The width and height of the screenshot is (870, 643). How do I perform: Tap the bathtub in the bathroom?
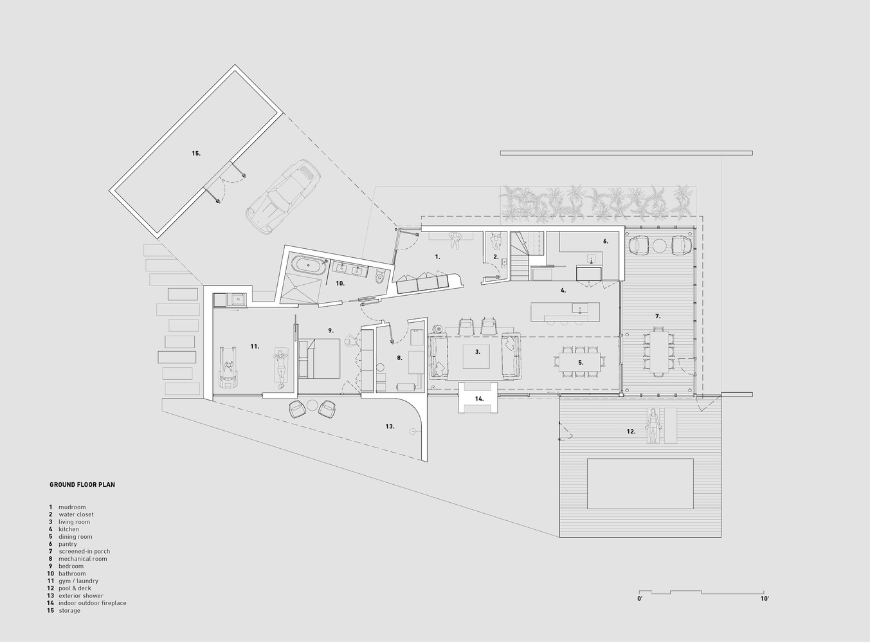(307, 266)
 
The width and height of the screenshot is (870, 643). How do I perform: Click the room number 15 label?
(196, 153)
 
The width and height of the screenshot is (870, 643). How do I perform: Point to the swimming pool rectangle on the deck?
(640, 485)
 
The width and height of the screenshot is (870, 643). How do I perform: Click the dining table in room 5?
(580, 363)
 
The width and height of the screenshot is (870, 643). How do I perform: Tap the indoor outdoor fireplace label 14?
(479, 399)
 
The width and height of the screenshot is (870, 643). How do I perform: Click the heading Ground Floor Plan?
(82, 485)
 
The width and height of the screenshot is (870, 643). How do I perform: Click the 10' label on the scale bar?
(765, 599)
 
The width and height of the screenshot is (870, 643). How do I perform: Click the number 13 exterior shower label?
(390, 426)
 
